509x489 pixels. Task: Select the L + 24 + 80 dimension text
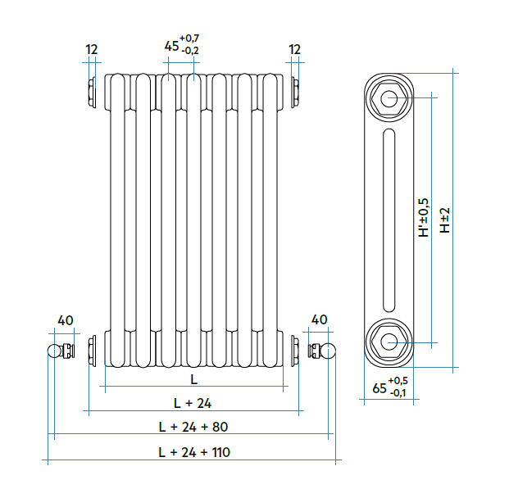click(x=194, y=427)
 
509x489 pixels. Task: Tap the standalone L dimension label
click(x=193, y=379)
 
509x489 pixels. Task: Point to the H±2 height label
click(x=445, y=220)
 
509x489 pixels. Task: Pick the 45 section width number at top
click(x=171, y=46)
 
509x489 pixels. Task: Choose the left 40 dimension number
click(x=66, y=319)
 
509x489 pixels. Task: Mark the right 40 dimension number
click(x=319, y=319)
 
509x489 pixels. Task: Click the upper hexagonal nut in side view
click(x=388, y=99)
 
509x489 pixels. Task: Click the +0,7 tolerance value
click(x=190, y=39)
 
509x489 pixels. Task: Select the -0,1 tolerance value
click(x=399, y=393)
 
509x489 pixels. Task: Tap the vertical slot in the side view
click(x=388, y=220)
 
